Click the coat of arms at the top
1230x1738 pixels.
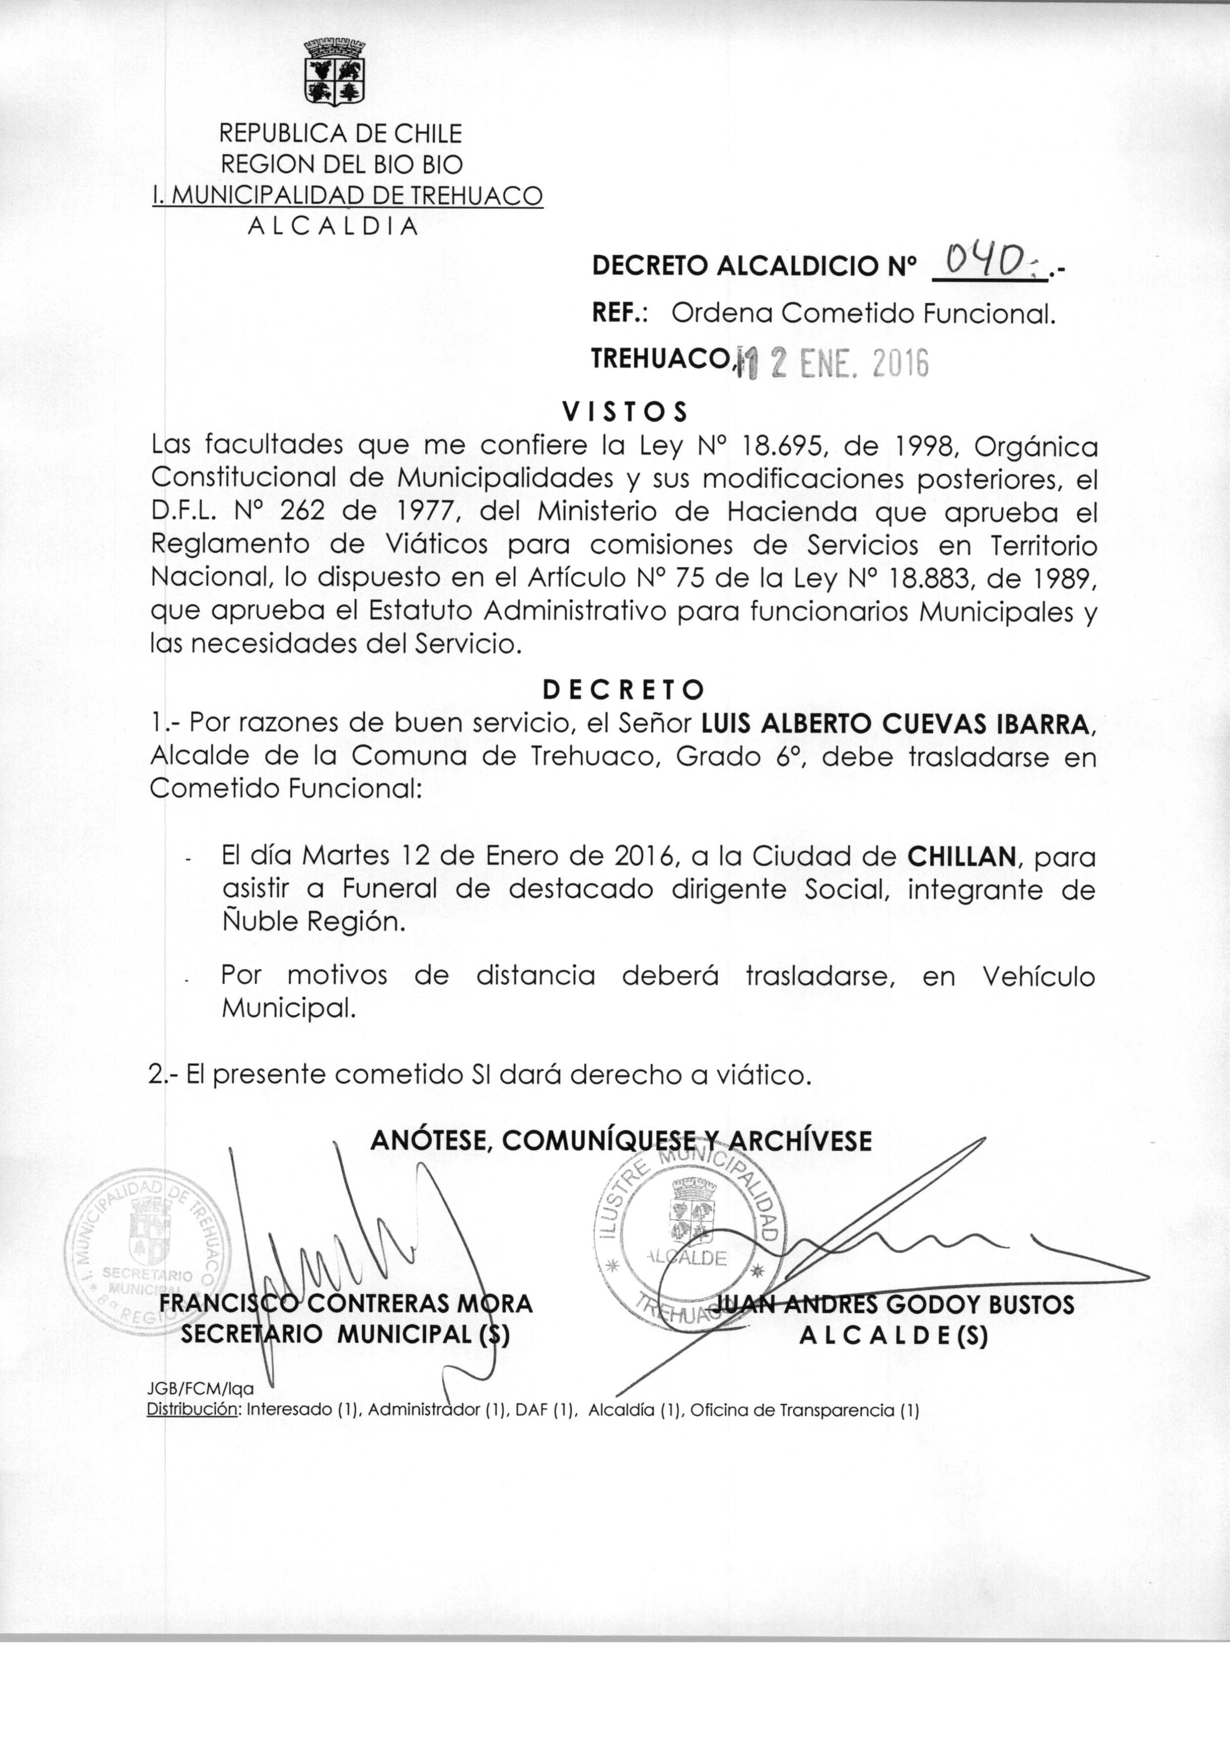pos(334,73)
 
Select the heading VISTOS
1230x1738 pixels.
pos(625,411)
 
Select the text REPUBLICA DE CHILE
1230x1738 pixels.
pos(340,133)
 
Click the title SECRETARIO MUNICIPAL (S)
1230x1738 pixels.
pos(345,1334)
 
